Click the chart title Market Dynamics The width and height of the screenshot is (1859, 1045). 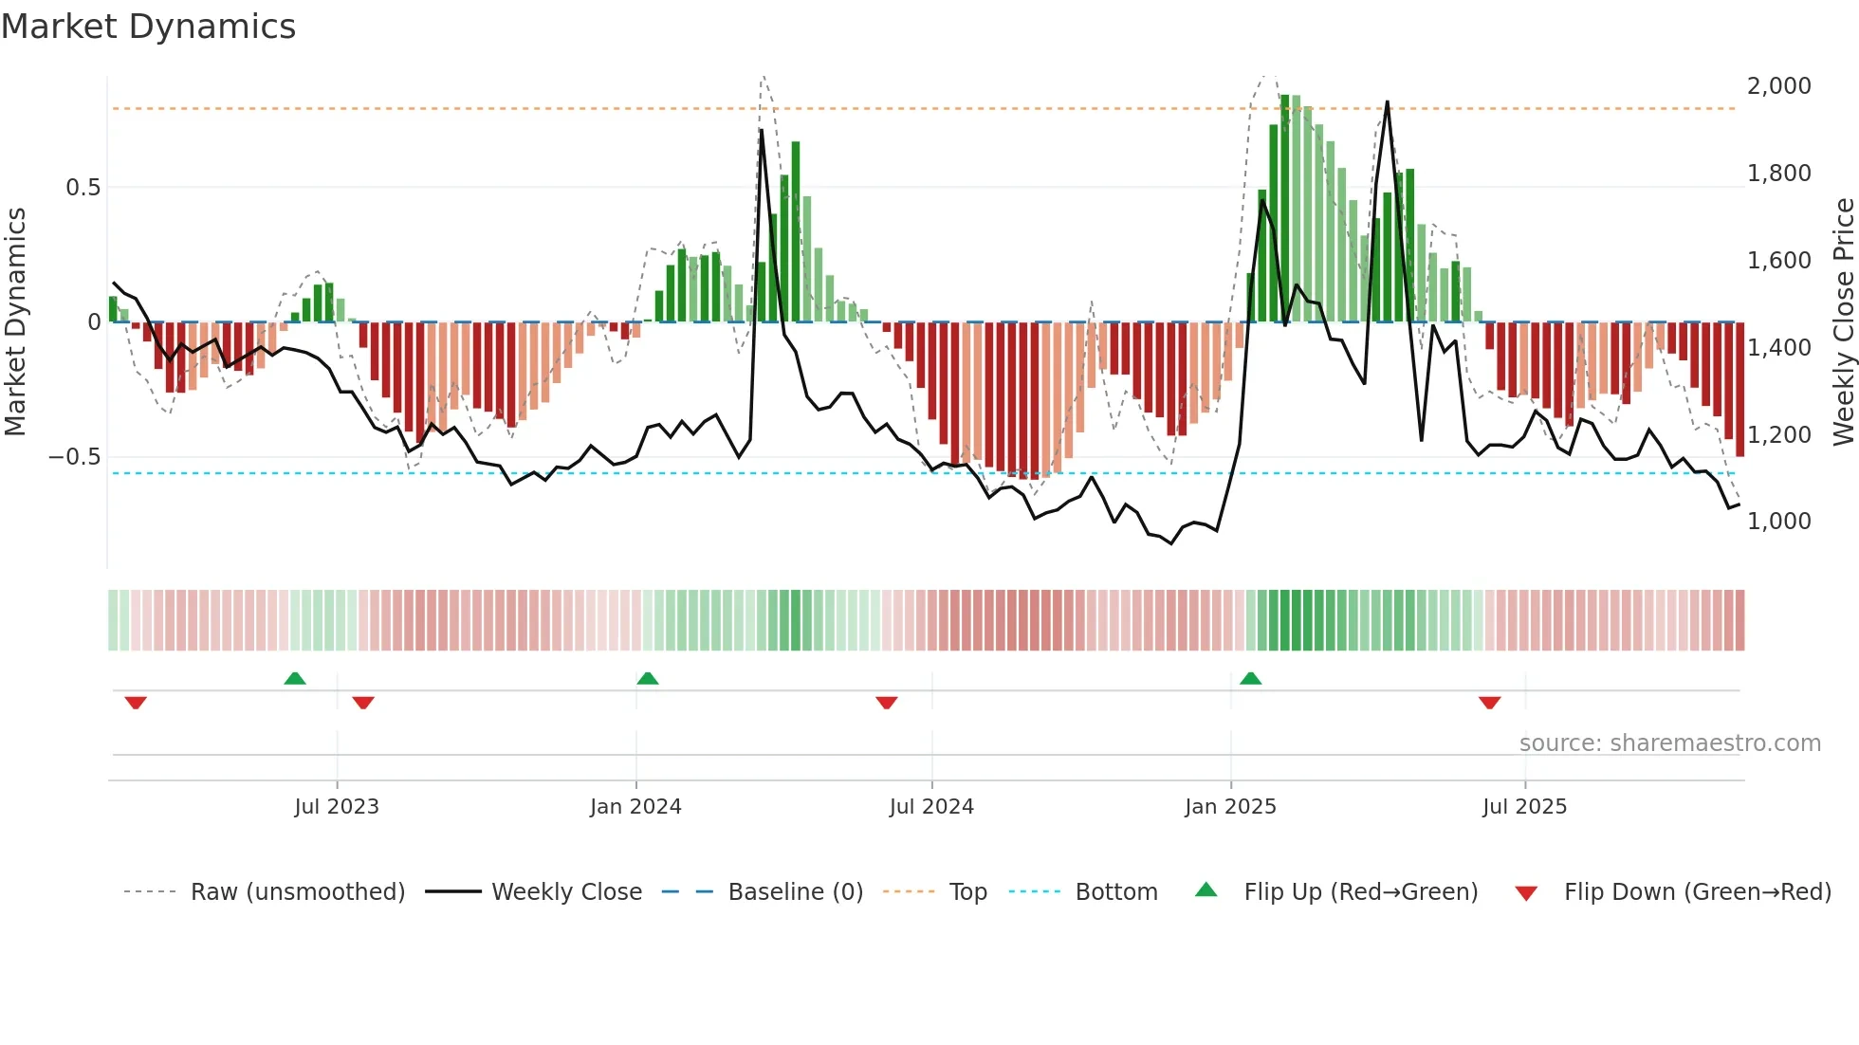(149, 27)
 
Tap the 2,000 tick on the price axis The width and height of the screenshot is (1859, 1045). (1778, 86)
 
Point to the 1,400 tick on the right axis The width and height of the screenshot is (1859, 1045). (1778, 348)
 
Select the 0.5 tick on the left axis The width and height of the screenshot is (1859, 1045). (83, 188)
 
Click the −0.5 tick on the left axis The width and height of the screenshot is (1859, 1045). (75, 457)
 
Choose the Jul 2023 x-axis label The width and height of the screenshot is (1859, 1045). (336, 807)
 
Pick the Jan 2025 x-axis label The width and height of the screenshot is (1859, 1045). (1230, 807)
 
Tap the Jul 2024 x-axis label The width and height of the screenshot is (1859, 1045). (931, 807)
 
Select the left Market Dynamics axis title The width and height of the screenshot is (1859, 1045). (15, 322)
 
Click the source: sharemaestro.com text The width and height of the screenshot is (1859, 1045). (1669, 743)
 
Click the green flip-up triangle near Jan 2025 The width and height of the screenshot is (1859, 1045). (1250, 679)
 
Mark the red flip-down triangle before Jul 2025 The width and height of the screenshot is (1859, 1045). (1489, 703)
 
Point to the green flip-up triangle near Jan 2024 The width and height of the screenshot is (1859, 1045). (648, 679)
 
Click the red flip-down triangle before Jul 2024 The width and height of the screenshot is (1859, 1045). (887, 703)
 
